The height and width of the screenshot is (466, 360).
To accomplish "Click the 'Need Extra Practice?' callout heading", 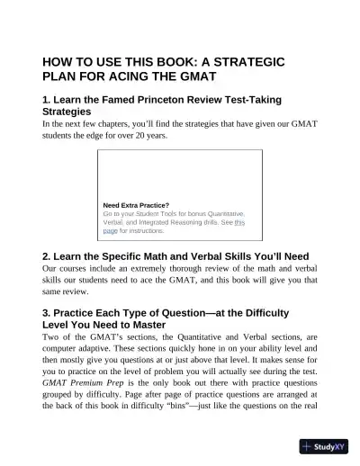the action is [x=136, y=205].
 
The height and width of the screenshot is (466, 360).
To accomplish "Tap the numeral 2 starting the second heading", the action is [x=47, y=255].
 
